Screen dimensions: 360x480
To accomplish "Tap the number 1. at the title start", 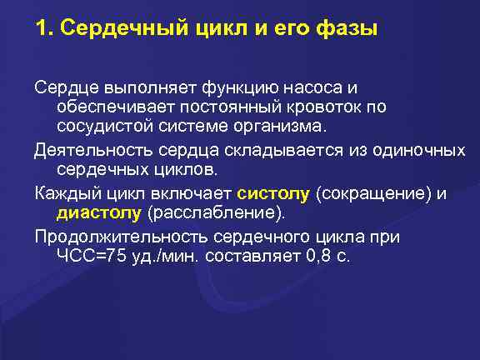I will point(44,29).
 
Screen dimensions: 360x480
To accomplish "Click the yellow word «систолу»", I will point(273,194).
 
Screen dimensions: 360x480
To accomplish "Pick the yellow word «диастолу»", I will point(98,213).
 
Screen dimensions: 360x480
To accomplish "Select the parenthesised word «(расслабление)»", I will point(211,213).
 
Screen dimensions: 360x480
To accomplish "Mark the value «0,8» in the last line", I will point(317,257).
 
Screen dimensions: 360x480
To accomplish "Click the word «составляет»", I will point(251,257).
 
